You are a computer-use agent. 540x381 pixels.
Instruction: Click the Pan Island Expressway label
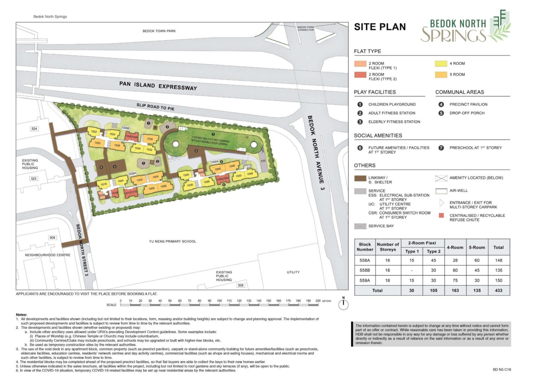pyautogui.click(x=158, y=86)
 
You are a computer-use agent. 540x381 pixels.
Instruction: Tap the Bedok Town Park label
pyautogui.click(x=159, y=31)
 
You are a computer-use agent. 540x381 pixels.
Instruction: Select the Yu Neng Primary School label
pyautogui.click(x=172, y=241)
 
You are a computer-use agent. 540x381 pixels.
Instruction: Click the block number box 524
pyautogui.click(x=34, y=129)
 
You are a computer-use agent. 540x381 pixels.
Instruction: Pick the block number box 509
pyautogui.click(x=52, y=238)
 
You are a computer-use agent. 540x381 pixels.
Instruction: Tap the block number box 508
pyautogui.click(x=240, y=285)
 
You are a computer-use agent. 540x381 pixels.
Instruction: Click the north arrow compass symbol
pyautogui.click(x=343, y=305)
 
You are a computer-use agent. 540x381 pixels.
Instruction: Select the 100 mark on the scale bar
pyautogui.click(x=219, y=301)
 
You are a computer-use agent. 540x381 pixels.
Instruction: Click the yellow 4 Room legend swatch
pyautogui.click(x=441, y=63)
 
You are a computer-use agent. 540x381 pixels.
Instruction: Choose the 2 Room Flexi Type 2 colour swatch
pyautogui.click(x=360, y=75)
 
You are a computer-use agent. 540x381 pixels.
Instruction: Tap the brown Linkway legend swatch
pyautogui.click(x=360, y=178)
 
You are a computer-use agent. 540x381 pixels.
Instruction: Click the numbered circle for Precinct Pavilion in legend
pyautogui.click(x=441, y=104)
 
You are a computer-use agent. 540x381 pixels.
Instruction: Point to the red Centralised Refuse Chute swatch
pyautogui.click(x=441, y=215)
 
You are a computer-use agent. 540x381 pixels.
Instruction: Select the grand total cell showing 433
pyautogui.click(x=498, y=290)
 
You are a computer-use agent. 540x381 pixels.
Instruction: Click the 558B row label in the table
pyautogui.click(x=365, y=270)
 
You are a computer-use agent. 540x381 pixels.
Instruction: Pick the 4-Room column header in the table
pyautogui.click(x=455, y=247)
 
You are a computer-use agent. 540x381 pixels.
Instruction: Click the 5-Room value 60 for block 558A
pyautogui.click(x=477, y=260)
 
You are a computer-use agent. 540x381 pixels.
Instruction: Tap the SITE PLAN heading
pyautogui.click(x=380, y=27)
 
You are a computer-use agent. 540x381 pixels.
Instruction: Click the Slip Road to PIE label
pyautogui.click(x=155, y=107)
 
